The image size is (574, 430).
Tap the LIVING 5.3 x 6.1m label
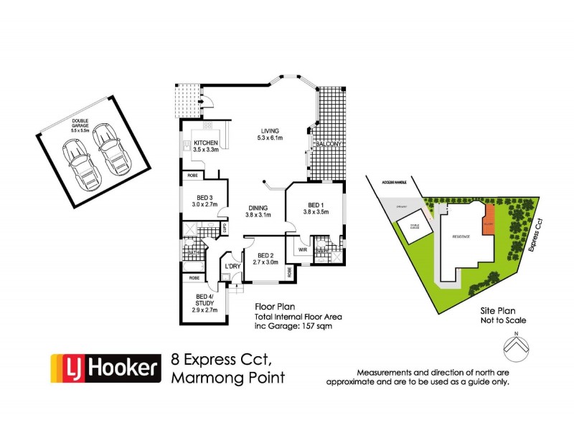271,134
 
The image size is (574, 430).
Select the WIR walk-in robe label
302,250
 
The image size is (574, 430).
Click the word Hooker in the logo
123,368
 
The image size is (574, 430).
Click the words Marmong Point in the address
227,378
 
